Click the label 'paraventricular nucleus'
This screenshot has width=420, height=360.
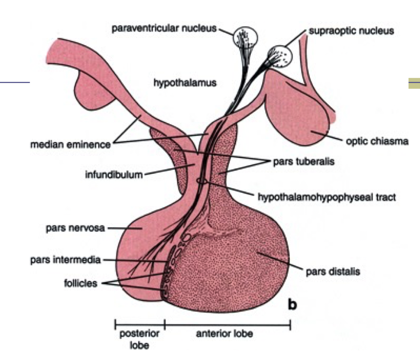tap(165, 29)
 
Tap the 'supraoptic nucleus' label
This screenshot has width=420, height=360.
tap(351, 31)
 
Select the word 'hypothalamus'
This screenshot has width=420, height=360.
tap(185, 83)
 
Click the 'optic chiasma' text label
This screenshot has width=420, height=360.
tap(376, 142)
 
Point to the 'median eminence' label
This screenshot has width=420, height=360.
tap(70, 144)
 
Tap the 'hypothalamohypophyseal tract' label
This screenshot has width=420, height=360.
tap(326, 197)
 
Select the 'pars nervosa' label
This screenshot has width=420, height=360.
tap(72, 228)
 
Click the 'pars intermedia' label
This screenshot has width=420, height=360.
tap(65, 260)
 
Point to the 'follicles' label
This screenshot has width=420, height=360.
tap(80, 283)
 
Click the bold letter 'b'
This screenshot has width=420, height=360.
tap(292, 305)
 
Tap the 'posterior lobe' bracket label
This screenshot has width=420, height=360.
tap(139, 339)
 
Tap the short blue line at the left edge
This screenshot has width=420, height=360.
tap(15, 82)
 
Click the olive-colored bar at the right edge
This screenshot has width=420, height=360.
tap(414, 84)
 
